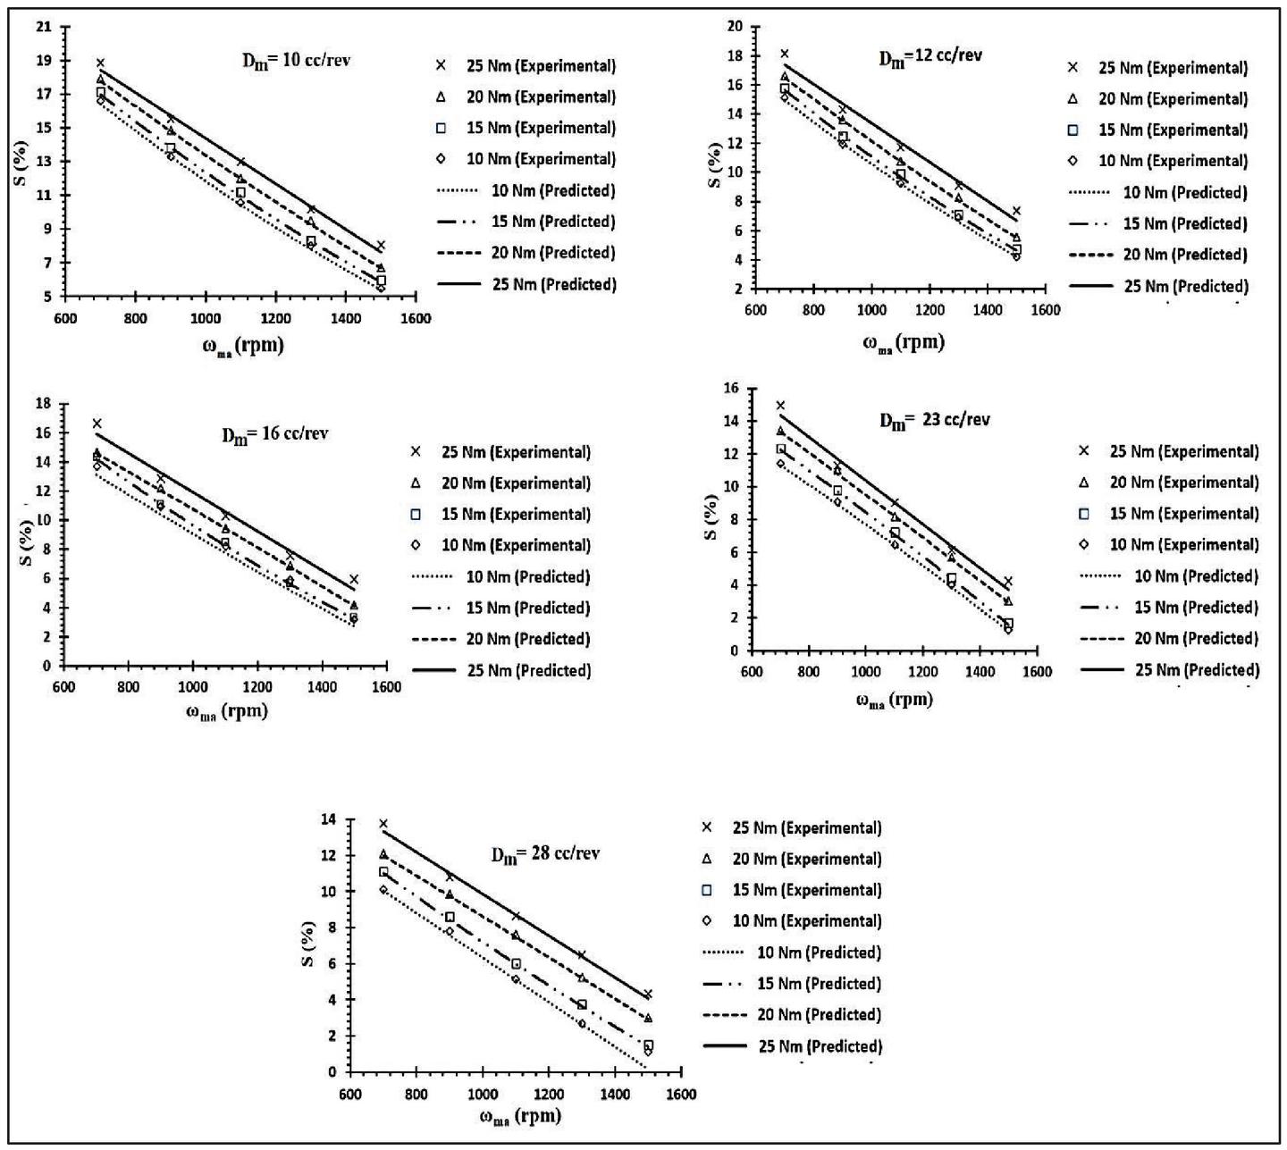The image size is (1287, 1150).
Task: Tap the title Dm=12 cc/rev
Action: [930, 57]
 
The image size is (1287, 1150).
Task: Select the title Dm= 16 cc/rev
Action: [275, 435]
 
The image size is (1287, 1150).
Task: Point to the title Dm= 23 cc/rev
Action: [934, 421]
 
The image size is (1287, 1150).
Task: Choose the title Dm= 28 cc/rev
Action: [545, 854]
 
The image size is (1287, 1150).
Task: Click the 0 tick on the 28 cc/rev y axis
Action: [332, 1072]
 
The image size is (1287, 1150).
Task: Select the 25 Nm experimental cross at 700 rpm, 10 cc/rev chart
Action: [100, 63]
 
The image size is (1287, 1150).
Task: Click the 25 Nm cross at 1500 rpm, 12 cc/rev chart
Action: [1016, 211]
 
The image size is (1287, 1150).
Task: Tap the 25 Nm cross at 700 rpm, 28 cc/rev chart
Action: [383, 824]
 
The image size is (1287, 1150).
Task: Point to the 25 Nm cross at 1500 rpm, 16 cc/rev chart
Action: [354, 579]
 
